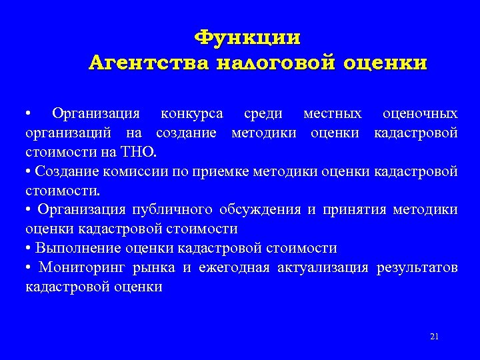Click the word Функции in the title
coord(247,37)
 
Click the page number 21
coord(435,336)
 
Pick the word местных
coord(333,113)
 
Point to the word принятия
coord(354,210)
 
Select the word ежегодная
coord(233,268)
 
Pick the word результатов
coord(417,268)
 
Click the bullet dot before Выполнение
coord(29,249)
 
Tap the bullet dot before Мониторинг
coord(29,268)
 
